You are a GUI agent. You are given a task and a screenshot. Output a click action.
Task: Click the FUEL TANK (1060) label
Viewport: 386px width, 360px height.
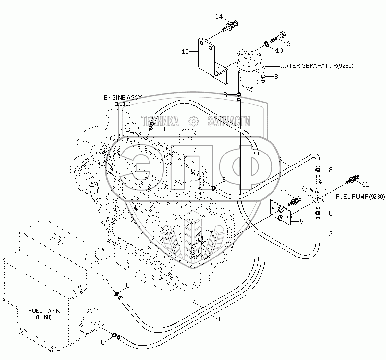pyautogui.click(x=44, y=314)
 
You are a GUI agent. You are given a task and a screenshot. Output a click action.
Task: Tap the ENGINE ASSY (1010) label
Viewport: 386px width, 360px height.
pyautogui.click(x=123, y=101)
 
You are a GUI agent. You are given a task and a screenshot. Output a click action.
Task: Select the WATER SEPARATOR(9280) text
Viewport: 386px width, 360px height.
pyautogui.click(x=317, y=66)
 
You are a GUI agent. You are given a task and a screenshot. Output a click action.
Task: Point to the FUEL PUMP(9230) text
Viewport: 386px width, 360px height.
pyautogui.click(x=360, y=196)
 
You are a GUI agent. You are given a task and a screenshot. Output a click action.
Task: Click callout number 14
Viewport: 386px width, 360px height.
pyautogui.click(x=219, y=16)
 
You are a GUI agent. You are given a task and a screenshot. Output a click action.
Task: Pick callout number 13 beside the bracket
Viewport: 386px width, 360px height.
pyautogui.click(x=185, y=52)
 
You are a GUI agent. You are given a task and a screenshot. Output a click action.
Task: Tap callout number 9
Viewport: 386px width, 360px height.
pyautogui.click(x=288, y=44)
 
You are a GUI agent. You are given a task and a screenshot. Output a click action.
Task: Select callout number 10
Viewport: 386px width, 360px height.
pyautogui.click(x=279, y=51)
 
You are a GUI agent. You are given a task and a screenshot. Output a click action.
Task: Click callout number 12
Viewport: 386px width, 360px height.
pyautogui.click(x=366, y=184)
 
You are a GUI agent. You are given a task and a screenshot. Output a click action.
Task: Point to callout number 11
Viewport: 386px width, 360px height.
pyautogui.click(x=284, y=192)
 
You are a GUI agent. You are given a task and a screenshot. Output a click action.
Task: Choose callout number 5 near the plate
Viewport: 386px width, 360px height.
pyautogui.click(x=301, y=221)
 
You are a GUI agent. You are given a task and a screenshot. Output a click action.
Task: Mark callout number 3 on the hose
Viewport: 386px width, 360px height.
pyautogui.click(x=331, y=233)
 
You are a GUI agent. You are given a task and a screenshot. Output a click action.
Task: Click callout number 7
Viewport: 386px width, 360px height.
pyautogui.click(x=193, y=302)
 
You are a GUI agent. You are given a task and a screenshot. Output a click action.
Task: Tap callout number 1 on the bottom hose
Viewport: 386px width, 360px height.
pyautogui.click(x=219, y=319)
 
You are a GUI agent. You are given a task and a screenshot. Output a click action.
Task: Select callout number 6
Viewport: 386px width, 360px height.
pyautogui.click(x=280, y=160)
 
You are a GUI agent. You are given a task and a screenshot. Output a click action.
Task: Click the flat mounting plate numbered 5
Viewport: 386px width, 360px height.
pyautogui.click(x=281, y=212)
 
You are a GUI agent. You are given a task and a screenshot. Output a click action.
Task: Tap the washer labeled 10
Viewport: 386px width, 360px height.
pyautogui.click(x=267, y=44)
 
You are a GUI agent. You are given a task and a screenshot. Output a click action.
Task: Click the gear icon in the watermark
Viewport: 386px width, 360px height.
pyautogui.click(x=194, y=121)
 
